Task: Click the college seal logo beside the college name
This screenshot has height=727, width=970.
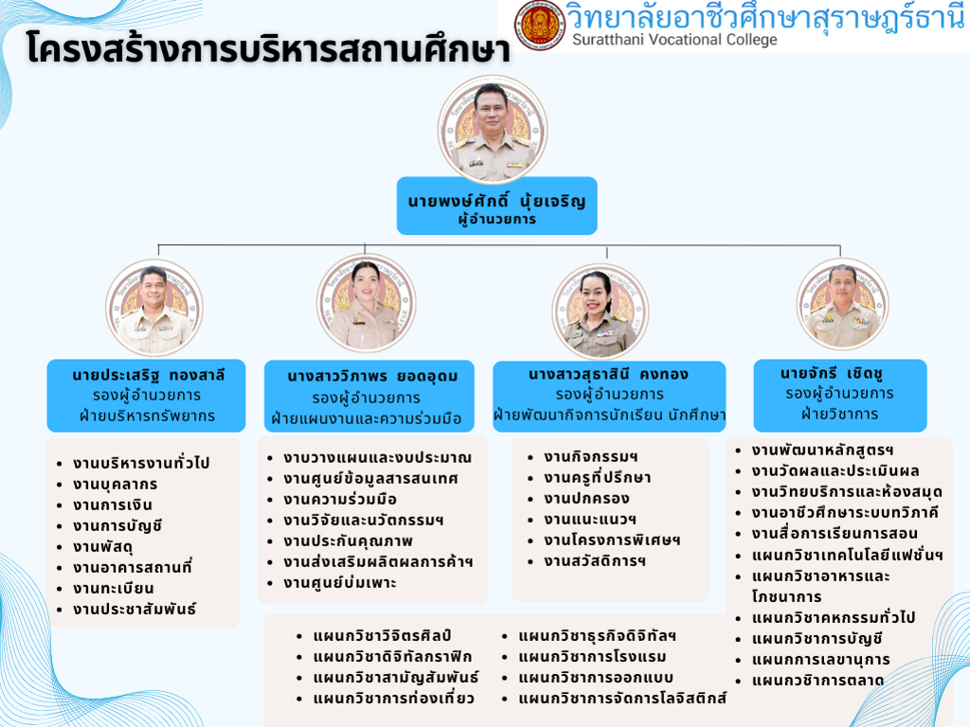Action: pos(539,25)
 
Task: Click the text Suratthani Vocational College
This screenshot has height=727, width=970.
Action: pos(674,40)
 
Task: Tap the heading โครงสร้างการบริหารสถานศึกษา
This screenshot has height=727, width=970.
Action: pos(268,48)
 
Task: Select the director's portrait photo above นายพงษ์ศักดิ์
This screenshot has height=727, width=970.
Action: pos(493,130)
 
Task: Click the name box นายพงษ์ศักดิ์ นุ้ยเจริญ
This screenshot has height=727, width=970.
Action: pos(496,205)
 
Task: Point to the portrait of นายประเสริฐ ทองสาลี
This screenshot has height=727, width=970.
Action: pos(154,308)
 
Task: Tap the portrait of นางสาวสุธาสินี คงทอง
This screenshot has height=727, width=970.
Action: pos(600,311)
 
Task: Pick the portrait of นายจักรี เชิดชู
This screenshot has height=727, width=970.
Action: pos(842,304)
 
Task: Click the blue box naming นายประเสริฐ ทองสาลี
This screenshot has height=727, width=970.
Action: pos(146,396)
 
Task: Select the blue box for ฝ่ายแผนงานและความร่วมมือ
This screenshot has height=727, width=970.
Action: pos(369,397)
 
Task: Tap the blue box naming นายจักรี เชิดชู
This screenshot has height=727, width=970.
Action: pos(840,396)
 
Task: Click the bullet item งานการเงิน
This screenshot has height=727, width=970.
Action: pos(112,505)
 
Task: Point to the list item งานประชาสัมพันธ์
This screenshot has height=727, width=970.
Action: pos(135,609)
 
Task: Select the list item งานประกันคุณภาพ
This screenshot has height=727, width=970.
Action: pos(348,541)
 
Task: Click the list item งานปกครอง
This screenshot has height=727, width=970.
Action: pos(586,498)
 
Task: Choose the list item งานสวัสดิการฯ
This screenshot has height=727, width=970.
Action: pos(595,561)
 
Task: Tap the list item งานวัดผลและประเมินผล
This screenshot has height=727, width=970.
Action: pos(835,471)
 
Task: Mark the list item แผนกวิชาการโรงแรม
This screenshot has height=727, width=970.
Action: pos(592,657)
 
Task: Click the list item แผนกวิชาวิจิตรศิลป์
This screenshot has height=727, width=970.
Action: pos(382,635)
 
